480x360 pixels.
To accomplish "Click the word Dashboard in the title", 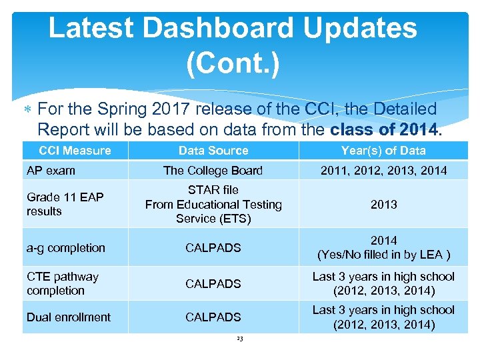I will pos(218,29).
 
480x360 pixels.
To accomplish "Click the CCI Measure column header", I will pos(75,150).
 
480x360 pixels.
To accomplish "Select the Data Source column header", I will pos(213,151).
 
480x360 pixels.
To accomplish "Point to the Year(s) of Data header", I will pos(383,151).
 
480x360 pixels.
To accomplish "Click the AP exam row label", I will pos(51,171).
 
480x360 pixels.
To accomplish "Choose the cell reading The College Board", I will pos(213,171).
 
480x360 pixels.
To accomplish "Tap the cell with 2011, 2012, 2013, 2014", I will pos(383,171).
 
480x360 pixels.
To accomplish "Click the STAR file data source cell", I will pos(213,204).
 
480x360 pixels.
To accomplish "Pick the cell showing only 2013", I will pos(383,205).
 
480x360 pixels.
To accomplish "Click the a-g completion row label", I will pos(66,248).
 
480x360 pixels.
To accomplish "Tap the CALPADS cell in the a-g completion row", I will pos(213,248).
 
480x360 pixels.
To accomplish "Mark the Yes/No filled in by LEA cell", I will pos(383,247).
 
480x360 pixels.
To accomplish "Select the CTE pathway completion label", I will pos(62,283).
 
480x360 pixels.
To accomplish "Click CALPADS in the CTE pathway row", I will pos(213,284).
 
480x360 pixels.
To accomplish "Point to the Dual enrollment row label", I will pos(69,317).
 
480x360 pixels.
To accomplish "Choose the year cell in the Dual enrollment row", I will pos(383,317).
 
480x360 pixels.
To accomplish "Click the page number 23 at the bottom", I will pos(240,339).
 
